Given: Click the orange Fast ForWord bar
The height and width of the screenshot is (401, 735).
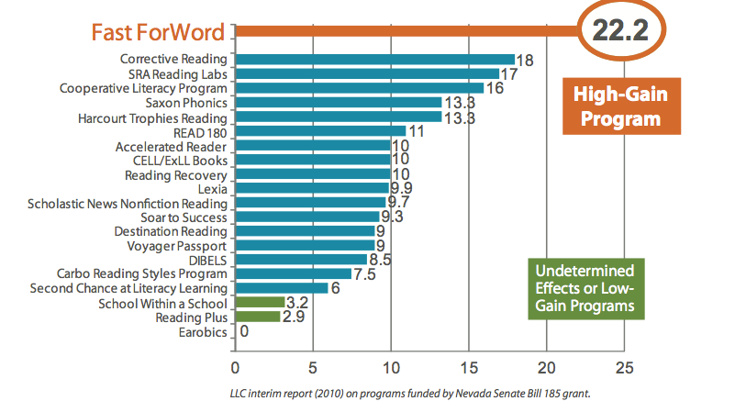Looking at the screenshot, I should click(x=404, y=32).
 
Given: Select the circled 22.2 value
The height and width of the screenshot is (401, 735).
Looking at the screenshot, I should click(x=620, y=31).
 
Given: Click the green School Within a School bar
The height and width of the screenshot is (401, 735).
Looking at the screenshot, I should click(x=260, y=302).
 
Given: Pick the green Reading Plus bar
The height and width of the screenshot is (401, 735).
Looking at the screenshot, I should click(x=257, y=317).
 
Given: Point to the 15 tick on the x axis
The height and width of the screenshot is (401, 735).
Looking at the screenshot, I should click(x=470, y=368).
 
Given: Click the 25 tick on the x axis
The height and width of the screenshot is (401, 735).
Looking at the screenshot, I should click(x=625, y=368).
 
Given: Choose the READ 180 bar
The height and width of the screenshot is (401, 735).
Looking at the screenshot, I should click(x=320, y=131).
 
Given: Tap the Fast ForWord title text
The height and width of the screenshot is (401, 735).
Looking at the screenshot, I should click(x=158, y=33).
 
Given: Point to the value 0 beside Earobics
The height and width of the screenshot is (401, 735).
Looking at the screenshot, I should click(x=244, y=332).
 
